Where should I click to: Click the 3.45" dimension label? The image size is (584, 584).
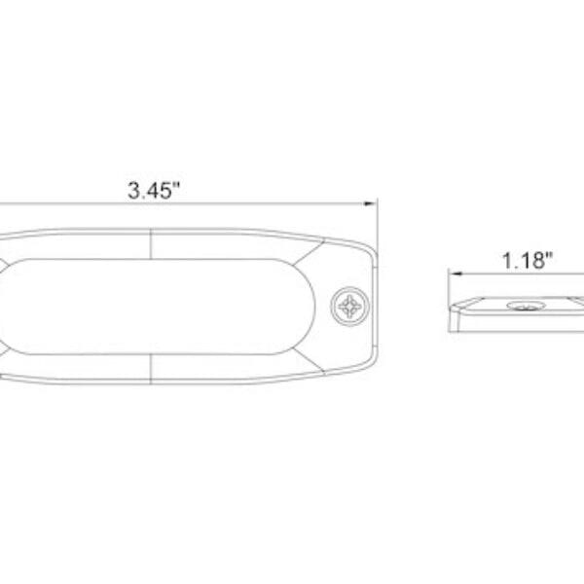[156, 190]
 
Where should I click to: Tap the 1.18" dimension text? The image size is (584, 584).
[528, 260]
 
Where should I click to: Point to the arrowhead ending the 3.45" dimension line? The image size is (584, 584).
[371, 204]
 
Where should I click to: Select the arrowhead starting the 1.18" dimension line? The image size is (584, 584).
[452, 274]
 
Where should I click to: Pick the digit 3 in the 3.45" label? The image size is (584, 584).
[134, 190]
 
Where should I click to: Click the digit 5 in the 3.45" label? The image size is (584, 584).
[167, 190]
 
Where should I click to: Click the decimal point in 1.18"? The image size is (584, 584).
[518, 266]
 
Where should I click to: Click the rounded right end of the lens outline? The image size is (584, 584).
[313, 306]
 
